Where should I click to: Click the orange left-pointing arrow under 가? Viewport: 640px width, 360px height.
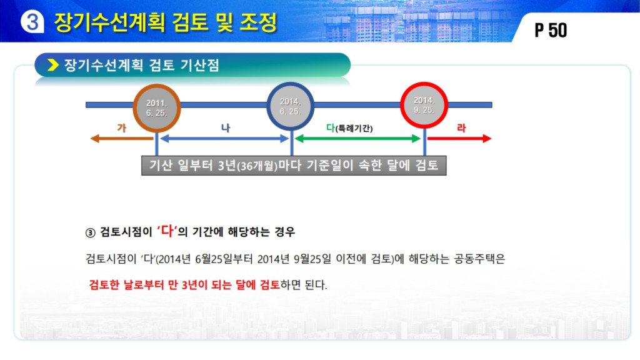click(122, 139)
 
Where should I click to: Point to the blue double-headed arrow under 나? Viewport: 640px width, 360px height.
click(224, 139)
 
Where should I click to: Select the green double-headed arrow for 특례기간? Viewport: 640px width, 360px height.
click(357, 139)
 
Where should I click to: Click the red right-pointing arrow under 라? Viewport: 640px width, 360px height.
click(459, 139)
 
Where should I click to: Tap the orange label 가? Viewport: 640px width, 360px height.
click(122, 127)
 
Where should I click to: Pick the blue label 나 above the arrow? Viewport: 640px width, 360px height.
click(226, 127)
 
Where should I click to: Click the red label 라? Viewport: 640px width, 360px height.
click(461, 127)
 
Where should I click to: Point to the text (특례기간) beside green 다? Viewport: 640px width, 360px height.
click(354, 128)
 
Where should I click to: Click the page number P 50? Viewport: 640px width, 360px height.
click(551, 30)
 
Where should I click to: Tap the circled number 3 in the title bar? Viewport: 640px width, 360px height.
click(32, 22)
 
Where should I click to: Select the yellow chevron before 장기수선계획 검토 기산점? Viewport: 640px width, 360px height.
click(53, 65)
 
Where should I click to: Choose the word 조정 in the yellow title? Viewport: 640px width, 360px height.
click(258, 22)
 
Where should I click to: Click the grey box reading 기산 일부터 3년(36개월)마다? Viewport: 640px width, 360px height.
click(294, 165)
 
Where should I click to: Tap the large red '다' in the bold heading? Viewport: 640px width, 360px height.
click(167, 231)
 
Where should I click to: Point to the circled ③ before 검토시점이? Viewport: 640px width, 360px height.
click(90, 232)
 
